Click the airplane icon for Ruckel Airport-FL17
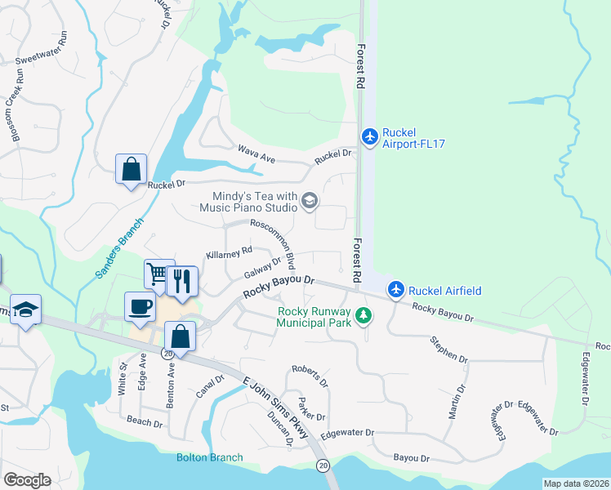pyautogui.click(x=370, y=136)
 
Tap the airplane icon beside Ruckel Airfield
pyautogui.click(x=396, y=289)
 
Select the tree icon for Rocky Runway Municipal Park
pyautogui.click(x=361, y=315)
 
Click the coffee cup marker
pyautogui.click(x=140, y=306)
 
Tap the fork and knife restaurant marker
pyautogui.click(x=181, y=282)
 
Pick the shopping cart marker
pyautogui.click(x=158, y=274)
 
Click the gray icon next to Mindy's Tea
pyautogui.click(x=310, y=200)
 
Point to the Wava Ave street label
pyautogui.click(x=253, y=151)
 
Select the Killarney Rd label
pyautogui.click(x=230, y=253)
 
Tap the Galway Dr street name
pyautogui.click(x=262, y=267)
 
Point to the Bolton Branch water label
pyautogui.click(x=209, y=457)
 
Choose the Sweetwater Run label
pyautogui.click(x=43, y=60)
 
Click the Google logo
pyautogui.click(x=27, y=479)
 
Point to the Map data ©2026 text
pyautogui.click(x=575, y=483)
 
